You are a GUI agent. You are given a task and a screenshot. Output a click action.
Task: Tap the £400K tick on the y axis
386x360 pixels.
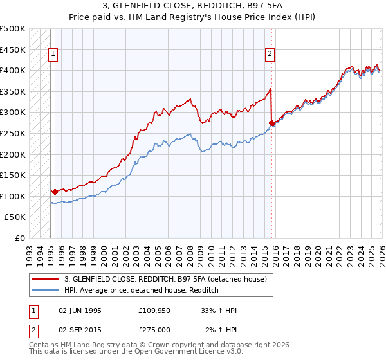13,71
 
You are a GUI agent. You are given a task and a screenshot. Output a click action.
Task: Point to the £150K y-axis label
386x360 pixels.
13,175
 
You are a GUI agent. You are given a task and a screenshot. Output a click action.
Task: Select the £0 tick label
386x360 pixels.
19,238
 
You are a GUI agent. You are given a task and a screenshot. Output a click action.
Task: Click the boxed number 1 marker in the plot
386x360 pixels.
53,54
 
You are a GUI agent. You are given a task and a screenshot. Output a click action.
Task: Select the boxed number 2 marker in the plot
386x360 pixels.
270,54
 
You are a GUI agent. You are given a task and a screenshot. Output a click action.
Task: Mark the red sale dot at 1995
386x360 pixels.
55,192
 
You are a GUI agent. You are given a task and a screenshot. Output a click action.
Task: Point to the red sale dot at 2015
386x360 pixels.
271,123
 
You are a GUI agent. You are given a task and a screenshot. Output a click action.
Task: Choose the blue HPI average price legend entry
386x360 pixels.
142,291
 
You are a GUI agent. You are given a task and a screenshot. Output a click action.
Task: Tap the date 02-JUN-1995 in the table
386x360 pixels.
80,310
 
